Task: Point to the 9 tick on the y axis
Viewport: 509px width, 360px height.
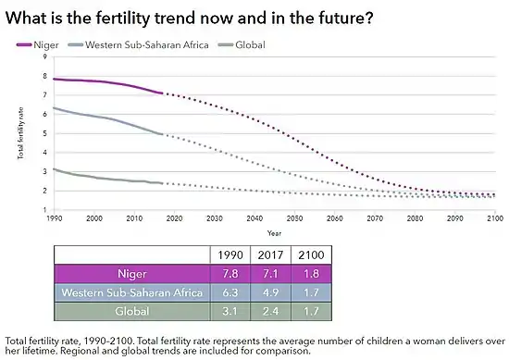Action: point(44,57)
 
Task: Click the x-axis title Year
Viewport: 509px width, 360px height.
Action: point(275,232)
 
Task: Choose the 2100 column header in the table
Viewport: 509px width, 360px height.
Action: point(309,254)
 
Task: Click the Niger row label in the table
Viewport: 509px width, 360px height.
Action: point(131,274)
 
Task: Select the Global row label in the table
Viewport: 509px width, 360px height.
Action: point(131,312)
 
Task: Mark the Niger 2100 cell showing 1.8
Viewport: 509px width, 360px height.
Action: point(309,274)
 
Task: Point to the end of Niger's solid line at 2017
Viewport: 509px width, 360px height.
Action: point(163,93)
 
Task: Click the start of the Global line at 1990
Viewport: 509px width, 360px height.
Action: point(54,168)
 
